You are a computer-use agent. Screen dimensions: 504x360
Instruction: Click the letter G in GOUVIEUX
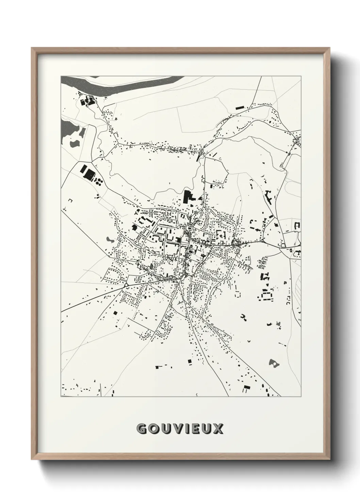coord(141,429)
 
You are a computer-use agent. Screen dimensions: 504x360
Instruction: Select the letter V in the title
coord(175,429)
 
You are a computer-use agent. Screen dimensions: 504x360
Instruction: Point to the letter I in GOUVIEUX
coord(185,429)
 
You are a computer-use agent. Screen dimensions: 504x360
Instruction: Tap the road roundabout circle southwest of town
coord(126,285)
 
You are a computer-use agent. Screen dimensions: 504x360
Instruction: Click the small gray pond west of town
coord(110,240)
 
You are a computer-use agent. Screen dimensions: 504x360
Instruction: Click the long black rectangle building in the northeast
coord(240,108)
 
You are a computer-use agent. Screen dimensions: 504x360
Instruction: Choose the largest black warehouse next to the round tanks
coord(89,174)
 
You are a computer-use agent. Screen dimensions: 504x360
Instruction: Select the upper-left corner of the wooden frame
coord(33,49)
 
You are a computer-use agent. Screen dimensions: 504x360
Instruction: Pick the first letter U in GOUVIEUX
coord(164,429)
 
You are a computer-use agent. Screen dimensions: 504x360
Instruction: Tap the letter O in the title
coord(152,429)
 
